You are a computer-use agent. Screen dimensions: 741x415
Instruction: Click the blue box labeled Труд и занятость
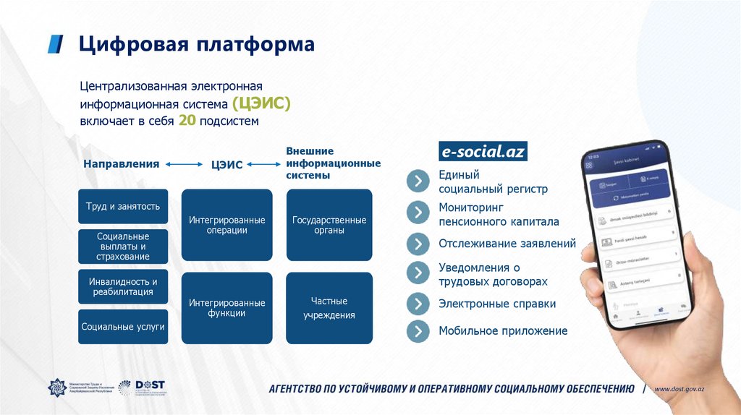(123, 207)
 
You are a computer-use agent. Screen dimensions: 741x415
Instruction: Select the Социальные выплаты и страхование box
(123, 247)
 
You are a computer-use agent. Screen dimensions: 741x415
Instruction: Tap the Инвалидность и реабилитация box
(123, 286)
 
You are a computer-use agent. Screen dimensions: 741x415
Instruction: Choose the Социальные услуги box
(123, 327)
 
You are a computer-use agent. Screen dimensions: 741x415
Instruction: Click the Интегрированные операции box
(226, 225)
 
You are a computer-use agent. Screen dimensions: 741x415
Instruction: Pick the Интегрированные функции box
(226, 307)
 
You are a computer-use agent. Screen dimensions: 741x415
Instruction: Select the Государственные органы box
(329, 225)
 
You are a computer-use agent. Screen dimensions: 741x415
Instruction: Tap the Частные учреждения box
(329, 307)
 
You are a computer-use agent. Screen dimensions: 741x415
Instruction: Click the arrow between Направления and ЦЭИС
(184, 165)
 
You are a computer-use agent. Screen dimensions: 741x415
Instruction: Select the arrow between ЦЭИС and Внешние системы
(263, 165)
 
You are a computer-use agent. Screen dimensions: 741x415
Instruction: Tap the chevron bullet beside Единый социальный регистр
(418, 181)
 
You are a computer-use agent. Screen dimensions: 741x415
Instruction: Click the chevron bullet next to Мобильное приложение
(418, 331)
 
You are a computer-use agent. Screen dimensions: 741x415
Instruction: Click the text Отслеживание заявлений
(507, 244)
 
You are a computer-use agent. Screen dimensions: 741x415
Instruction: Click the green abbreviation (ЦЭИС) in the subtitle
(261, 103)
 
